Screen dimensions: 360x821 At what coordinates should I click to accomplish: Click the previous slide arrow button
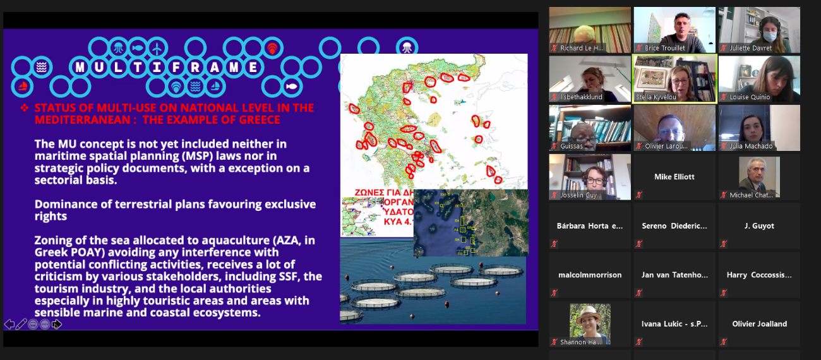(9, 324)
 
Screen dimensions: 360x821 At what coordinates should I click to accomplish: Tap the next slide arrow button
(57, 324)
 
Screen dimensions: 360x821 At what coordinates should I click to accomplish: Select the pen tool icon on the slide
(21, 324)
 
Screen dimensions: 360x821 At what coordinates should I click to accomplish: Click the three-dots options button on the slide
(45, 324)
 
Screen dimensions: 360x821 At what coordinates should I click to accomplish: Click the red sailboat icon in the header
(21, 86)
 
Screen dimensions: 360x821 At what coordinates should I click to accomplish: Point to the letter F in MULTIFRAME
(167, 68)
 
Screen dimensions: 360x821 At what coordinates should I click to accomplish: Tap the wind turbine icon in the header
(157, 47)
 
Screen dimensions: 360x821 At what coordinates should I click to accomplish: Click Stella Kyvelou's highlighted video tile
(674, 78)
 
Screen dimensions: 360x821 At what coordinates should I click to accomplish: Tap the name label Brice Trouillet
(664, 48)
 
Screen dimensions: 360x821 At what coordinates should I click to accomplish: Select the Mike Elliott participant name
(674, 177)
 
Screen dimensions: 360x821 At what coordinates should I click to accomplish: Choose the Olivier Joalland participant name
(759, 324)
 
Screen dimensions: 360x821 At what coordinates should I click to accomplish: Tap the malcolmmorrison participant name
(590, 275)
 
